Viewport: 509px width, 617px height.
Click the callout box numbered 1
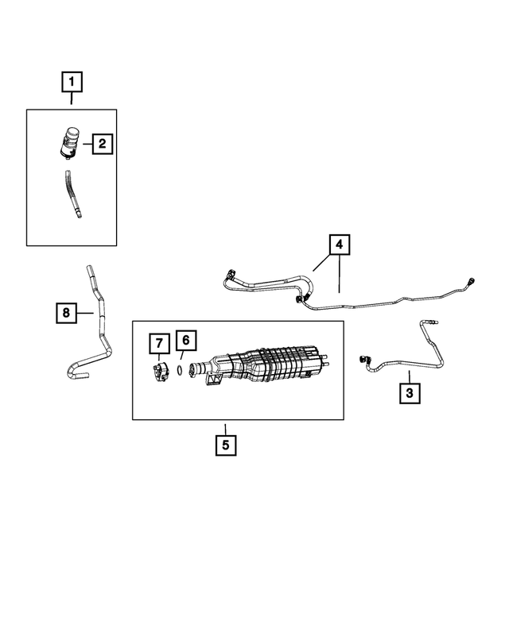tap(72, 80)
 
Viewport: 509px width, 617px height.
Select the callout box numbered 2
tap(103, 144)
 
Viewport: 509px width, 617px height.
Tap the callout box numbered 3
tap(410, 392)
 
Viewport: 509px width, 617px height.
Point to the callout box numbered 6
tap(185, 341)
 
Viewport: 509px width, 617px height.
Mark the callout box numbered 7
tap(159, 343)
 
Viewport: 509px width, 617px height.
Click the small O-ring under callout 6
tap(181, 369)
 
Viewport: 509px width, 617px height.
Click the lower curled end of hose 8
tap(73, 369)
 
